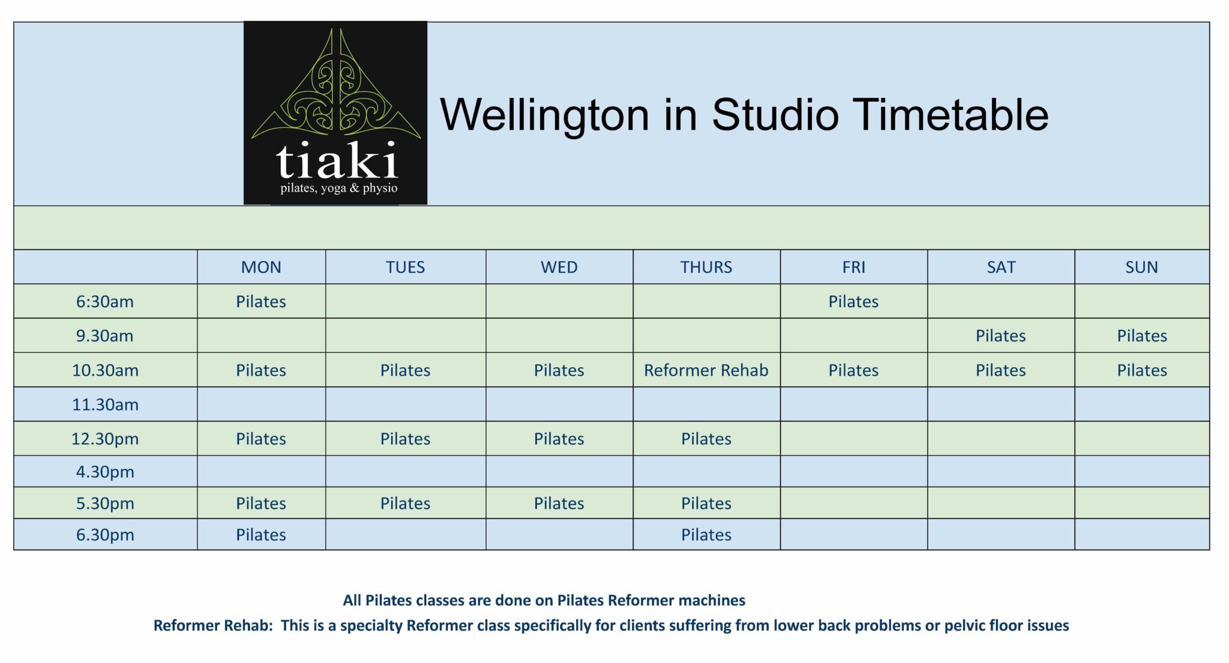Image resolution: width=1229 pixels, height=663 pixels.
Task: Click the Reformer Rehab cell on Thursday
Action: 706,370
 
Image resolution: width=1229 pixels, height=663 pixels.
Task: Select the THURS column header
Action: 706,267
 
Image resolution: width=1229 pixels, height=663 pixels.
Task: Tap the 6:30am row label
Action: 105,301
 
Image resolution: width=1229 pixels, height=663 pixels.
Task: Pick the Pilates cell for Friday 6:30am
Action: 853,301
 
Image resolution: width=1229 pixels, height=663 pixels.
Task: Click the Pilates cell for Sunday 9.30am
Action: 1141,335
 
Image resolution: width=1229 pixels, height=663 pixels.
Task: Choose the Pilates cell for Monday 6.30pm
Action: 261,535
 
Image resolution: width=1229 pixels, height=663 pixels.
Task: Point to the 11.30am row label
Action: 105,404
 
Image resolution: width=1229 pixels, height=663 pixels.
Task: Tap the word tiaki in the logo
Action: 337,160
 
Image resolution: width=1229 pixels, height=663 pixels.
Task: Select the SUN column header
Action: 1141,267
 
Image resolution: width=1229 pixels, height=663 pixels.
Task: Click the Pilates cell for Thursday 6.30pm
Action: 706,535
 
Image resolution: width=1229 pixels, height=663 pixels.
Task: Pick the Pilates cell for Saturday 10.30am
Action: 1000,370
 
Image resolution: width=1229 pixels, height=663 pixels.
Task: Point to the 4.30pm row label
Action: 105,472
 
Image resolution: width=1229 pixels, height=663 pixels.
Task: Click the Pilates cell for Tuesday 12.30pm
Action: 405,439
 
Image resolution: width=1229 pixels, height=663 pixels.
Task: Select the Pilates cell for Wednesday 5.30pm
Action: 559,503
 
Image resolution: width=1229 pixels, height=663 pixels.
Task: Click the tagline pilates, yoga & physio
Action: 338,188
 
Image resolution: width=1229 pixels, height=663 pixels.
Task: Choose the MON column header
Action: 261,267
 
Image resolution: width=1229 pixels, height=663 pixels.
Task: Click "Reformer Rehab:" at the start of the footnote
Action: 213,625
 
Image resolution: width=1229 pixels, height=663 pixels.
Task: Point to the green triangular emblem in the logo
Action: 336,90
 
